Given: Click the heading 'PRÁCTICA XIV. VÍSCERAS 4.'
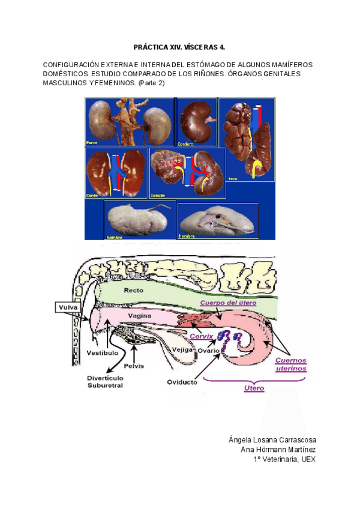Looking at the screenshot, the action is coord(179,47).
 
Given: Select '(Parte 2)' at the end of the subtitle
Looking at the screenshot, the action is coord(151,83).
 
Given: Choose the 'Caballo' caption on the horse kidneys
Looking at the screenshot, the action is coord(160,196).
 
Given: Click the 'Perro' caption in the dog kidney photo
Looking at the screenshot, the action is coord(92,143).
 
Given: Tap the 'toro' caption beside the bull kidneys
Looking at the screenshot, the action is coord(233,178).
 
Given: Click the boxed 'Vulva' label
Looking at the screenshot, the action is coord(66,308).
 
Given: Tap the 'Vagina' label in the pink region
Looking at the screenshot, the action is coord(138,315).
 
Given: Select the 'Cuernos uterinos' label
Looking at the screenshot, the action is coord(291,365).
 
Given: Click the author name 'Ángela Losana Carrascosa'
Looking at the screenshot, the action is coord(272,440).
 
